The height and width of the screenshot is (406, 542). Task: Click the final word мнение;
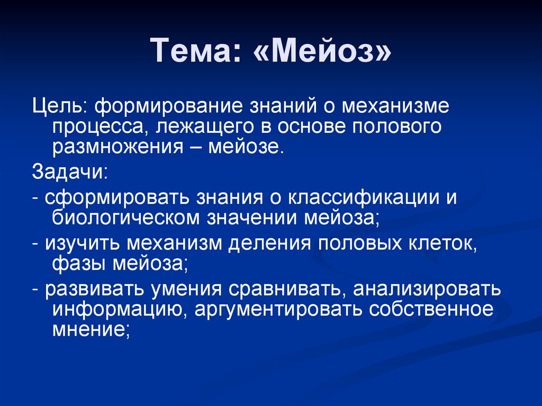[x=91, y=328]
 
